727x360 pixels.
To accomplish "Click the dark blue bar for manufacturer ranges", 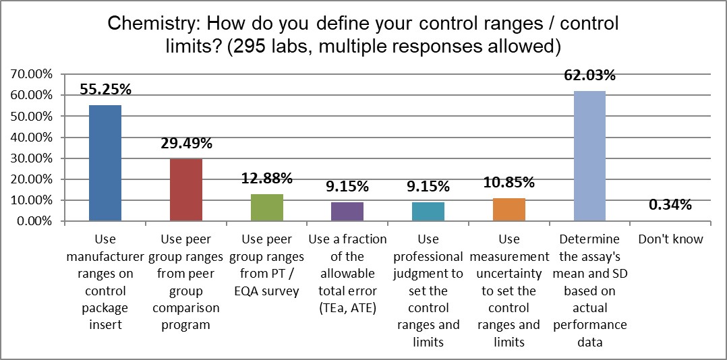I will [x=105, y=163].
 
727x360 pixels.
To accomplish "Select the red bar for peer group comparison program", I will [x=185, y=190].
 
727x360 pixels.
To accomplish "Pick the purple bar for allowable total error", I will [x=347, y=212].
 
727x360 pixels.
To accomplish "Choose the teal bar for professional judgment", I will [x=428, y=212].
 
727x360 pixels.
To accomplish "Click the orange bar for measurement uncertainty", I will [x=509, y=210].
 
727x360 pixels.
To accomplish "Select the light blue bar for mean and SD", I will [x=589, y=156].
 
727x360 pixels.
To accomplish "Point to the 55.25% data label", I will [x=105, y=89].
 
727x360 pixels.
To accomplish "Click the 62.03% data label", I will [x=590, y=75].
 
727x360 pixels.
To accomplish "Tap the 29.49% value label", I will [x=186, y=143].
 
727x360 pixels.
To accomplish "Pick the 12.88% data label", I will [x=267, y=178].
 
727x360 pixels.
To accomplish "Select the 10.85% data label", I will [x=509, y=182].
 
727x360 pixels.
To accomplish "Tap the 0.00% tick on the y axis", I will [x=33, y=221].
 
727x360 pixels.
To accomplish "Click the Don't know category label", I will [x=670, y=239].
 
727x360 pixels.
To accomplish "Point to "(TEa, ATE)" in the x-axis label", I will [x=347, y=309].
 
